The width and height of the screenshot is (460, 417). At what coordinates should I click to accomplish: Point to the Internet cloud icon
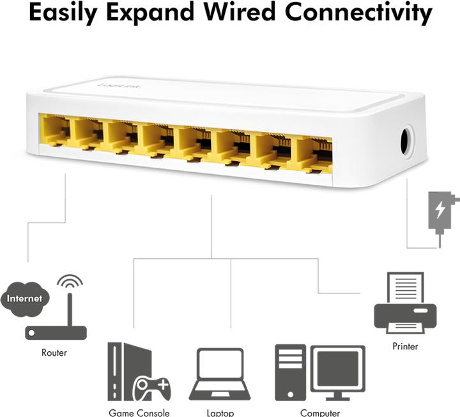click(x=25, y=298)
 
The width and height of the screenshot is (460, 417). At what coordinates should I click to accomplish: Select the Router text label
click(x=54, y=352)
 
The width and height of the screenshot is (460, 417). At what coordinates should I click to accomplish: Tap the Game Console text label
click(x=139, y=413)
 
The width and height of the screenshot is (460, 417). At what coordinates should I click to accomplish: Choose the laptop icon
click(x=220, y=374)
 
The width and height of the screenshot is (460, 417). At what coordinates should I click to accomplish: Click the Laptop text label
click(x=220, y=413)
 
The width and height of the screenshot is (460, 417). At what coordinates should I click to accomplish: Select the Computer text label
click(x=319, y=413)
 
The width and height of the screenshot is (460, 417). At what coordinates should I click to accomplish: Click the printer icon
click(x=405, y=305)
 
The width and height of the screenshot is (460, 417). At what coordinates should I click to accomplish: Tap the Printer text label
click(x=405, y=346)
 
